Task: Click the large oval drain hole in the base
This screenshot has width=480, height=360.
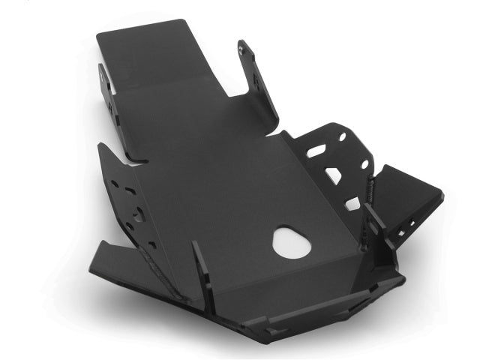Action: coord(292,241)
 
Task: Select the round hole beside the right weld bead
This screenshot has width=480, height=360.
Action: coord(364,164)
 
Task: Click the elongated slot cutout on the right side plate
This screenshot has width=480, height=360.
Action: coord(316,151)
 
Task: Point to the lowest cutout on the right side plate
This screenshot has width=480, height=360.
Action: coord(352,202)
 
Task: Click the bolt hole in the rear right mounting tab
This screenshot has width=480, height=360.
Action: coord(241,49)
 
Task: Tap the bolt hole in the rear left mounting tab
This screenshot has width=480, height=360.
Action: coord(103,73)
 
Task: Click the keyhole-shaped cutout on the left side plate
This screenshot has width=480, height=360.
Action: coord(138,214)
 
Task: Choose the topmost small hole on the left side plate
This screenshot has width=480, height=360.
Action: coord(114,183)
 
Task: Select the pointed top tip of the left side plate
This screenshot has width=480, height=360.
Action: coord(101,145)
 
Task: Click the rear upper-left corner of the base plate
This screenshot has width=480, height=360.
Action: coord(98,34)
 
